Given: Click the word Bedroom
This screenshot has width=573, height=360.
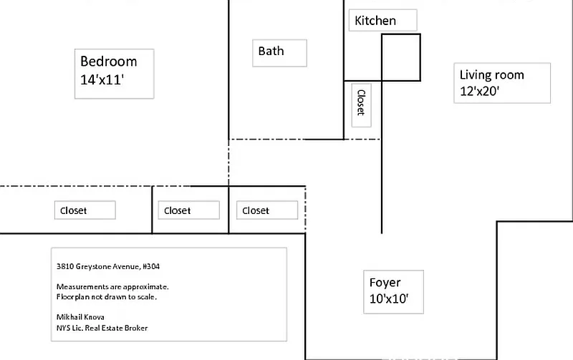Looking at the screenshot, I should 108,62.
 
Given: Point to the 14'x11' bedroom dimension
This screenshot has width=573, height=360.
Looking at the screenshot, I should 103,81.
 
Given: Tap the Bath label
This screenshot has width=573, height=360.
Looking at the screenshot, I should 271,52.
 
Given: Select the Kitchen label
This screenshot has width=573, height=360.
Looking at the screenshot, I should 375,21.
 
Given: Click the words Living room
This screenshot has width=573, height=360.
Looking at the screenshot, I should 491,74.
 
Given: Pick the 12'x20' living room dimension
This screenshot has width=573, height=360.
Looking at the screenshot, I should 480,91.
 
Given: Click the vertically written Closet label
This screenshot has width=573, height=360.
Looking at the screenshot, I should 361,102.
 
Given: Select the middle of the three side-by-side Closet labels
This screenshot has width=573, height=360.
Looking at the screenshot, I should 178,210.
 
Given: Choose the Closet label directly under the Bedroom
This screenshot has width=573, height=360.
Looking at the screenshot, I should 74,210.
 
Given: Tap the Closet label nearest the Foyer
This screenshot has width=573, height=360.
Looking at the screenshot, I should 256,210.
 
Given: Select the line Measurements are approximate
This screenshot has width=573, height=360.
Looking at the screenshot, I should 112,286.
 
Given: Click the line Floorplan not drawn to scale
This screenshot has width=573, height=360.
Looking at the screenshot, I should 106,296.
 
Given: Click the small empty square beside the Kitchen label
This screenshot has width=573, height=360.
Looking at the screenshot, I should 400,57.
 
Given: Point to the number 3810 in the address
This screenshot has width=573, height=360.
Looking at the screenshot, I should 64,266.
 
